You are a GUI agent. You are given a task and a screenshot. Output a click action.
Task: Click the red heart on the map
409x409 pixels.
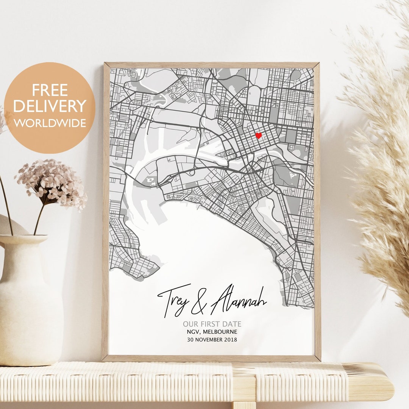[258, 136]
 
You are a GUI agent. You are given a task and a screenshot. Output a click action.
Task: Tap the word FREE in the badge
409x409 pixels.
[50, 90]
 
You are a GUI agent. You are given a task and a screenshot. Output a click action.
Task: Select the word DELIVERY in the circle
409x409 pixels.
[50, 106]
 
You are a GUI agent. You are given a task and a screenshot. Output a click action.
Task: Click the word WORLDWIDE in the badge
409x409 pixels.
[50, 123]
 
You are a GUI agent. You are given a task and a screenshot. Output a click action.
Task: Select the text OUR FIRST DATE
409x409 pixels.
[212, 324]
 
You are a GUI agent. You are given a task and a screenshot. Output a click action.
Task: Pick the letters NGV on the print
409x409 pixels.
[193, 332]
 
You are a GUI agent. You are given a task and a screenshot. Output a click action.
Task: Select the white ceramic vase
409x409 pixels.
[28, 303]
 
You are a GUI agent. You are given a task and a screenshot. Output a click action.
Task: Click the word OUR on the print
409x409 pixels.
[190, 324]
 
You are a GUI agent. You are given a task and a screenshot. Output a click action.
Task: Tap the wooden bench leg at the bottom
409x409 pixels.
[244, 405]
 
